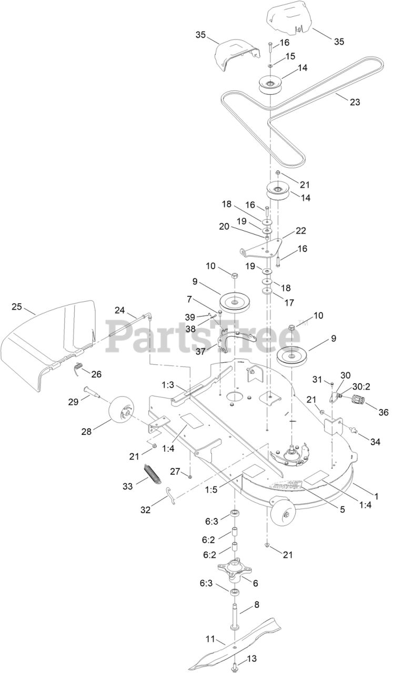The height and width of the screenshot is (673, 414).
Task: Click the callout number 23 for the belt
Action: (355, 102)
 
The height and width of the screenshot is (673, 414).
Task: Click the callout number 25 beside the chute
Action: (17, 307)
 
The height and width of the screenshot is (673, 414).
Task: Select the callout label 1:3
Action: (168, 385)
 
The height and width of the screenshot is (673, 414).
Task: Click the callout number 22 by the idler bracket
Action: (300, 230)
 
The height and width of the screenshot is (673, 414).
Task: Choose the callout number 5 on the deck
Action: (342, 509)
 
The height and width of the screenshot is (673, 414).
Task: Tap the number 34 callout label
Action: (375, 442)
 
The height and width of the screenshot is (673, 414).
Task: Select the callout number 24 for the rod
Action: (120, 310)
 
